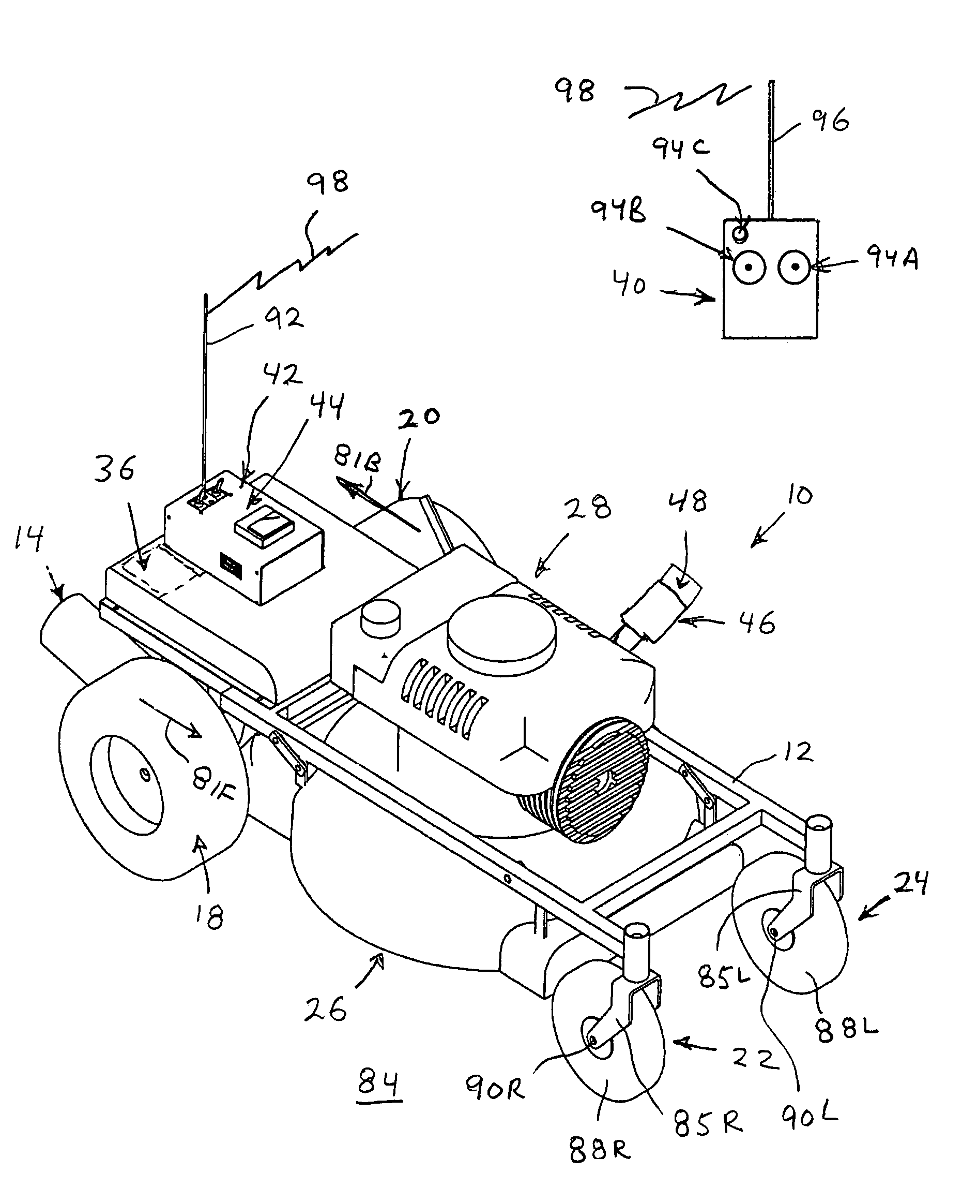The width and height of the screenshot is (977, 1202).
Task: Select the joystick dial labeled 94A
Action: [794, 266]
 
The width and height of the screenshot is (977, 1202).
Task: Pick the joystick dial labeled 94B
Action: [749, 267]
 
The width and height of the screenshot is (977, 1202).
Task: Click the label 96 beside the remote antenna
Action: [830, 120]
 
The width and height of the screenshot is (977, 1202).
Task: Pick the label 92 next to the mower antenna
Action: [284, 319]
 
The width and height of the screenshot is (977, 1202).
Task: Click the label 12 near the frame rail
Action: [799, 752]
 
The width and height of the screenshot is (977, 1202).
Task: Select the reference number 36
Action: [115, 469]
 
